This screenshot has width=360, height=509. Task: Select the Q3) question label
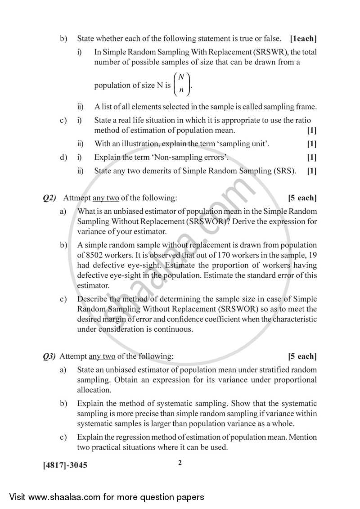(49, 356)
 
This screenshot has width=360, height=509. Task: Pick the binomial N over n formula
(182, 84)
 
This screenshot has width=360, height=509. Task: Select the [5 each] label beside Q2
(302, 198)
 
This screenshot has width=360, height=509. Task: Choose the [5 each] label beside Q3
(302, 356)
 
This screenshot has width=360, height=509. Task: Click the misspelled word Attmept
(77, 198)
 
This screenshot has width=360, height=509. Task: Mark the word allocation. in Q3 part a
(94, 390)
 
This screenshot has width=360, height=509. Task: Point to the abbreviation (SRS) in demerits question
(284, 171)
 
